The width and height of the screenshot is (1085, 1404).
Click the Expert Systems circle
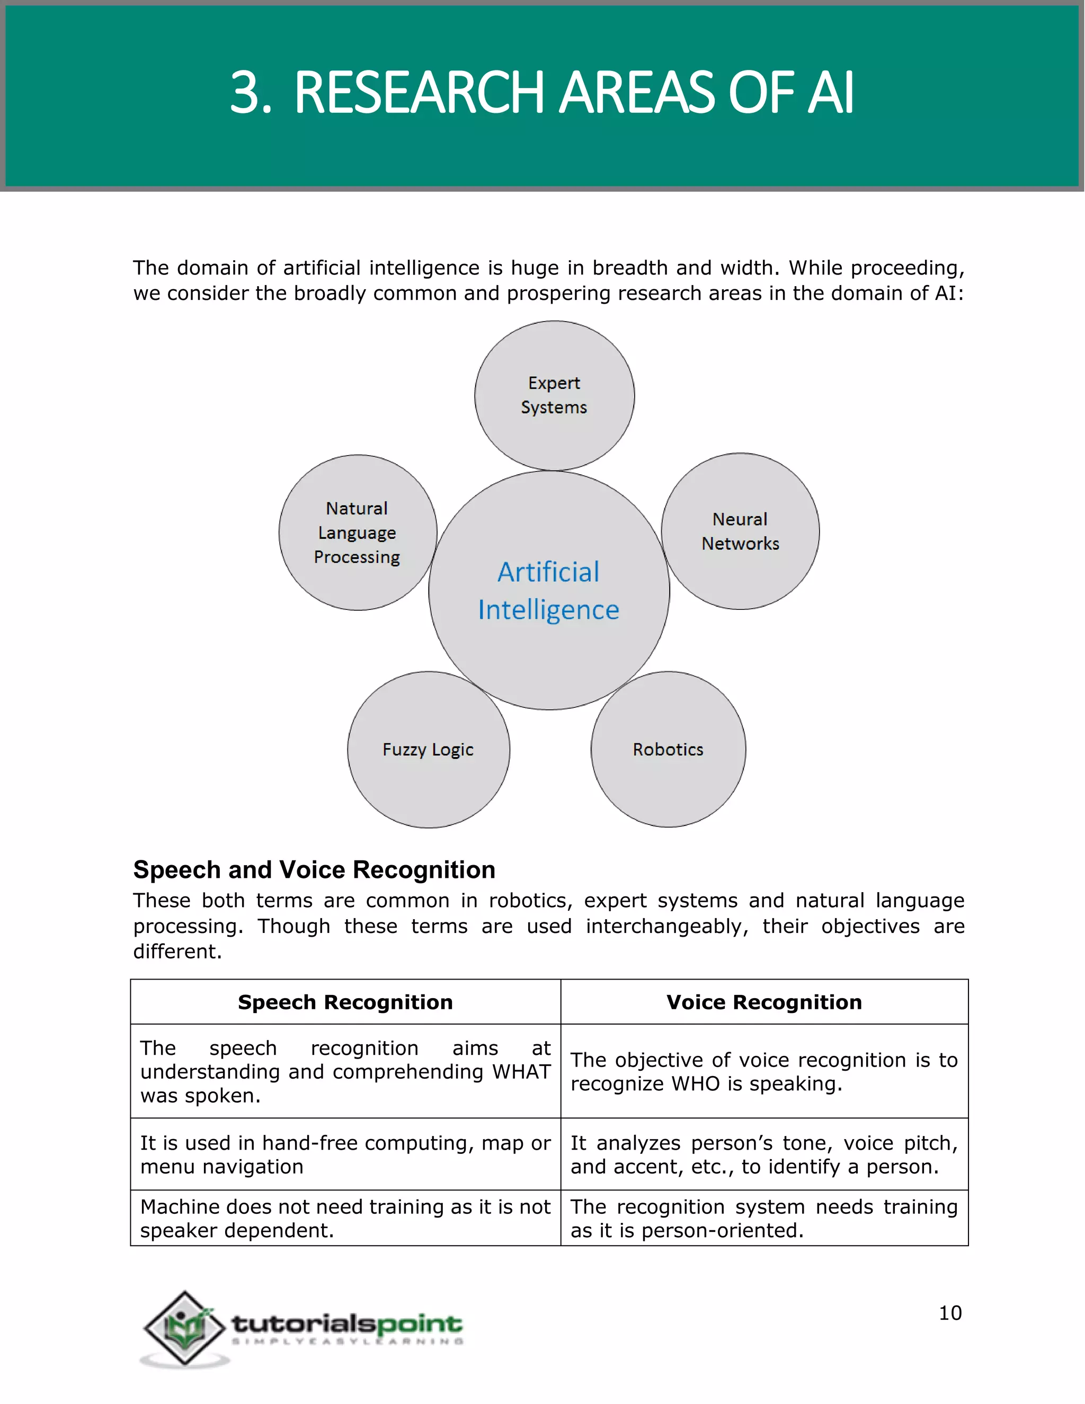click(x=554, y=395)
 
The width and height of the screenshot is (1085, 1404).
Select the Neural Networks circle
click(x=740, y=531)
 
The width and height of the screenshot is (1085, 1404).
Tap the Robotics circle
click(x=668, y=750)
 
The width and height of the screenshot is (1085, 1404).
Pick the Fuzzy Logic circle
click(x=428, y=750)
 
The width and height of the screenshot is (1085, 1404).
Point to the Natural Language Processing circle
click(x=358, y=532)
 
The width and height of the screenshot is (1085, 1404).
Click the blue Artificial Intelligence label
click(x=548, y=591)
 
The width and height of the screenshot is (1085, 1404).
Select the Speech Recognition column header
click(x=345, y=1002)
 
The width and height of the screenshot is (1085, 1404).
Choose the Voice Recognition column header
click(x=763, y=1002)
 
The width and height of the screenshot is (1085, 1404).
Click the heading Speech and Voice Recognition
click(x=314, y=870)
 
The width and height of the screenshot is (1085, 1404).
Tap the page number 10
click(x=950, y=1313)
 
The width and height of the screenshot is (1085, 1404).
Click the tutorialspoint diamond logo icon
click(x=184, y=1328)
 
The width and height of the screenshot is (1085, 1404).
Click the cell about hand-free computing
click(x=345, y=1154)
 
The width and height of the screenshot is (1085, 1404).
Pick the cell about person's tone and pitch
click(x=763, y=1154)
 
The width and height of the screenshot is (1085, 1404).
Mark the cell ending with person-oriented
click(x=763, y=1218)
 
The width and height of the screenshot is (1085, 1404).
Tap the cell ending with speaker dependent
click(x=345, y=1218)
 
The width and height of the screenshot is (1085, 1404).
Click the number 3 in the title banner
click(x=246, y=93)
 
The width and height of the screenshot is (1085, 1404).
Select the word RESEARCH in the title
click(x=422, y=93)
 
